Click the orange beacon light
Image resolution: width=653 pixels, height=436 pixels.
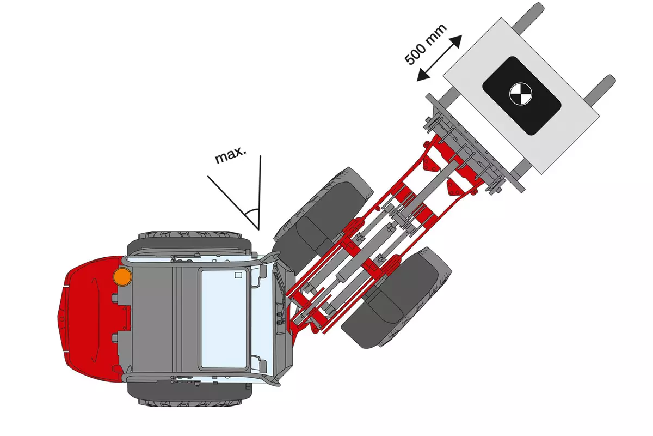(x=122, y=276)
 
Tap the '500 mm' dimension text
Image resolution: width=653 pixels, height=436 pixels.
(x=426, y=44)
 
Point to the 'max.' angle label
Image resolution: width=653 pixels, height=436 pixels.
(x=231, y=155)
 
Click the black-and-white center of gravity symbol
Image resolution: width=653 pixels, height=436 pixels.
(x=521, y=94)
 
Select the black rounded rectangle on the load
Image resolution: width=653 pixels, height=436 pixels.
(x=522, y=96)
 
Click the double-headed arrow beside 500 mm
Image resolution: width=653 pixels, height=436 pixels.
(x=439, y=58)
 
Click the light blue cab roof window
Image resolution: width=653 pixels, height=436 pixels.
(x=224, y=319)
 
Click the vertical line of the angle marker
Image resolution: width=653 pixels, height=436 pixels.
(x=260, y=193)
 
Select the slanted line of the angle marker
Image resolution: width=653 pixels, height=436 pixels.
(x=233, y=203)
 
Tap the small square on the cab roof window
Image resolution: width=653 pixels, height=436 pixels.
(x=238, y=275)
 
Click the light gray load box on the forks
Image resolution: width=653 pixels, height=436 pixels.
(x=521, y=96)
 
